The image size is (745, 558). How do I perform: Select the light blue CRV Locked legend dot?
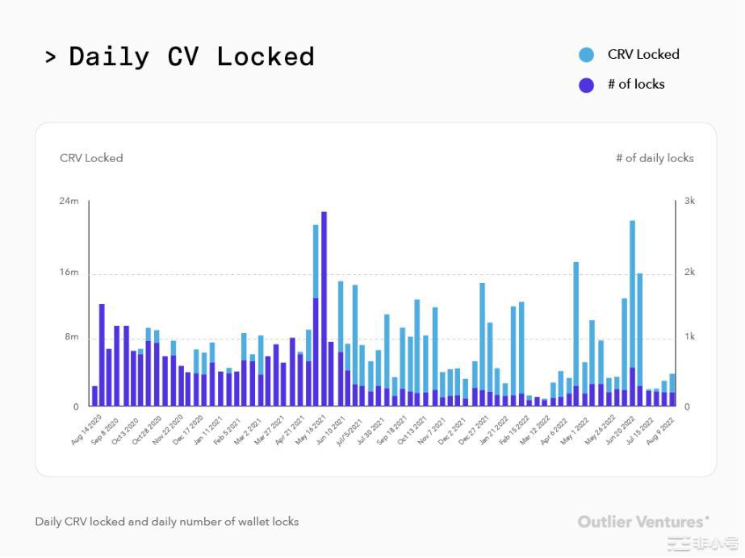(587, 55)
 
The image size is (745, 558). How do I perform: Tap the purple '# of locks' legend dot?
(587, 85)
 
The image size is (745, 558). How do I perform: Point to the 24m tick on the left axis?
(69, 201)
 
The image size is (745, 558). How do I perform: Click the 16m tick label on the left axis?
(69, 273)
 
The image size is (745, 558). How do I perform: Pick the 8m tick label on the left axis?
(71, 337)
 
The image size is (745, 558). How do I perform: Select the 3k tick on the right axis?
(689, 201)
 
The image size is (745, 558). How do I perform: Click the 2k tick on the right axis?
(689, 273)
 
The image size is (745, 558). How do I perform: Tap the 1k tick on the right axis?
(689, 337)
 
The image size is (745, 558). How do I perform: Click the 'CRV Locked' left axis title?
(91, 158)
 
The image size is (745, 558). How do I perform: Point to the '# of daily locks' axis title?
(655, 158)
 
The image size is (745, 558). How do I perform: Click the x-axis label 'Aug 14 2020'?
(87, 430)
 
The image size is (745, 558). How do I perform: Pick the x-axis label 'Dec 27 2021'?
(475, 430)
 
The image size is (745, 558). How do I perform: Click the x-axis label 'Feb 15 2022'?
(517, 430)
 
